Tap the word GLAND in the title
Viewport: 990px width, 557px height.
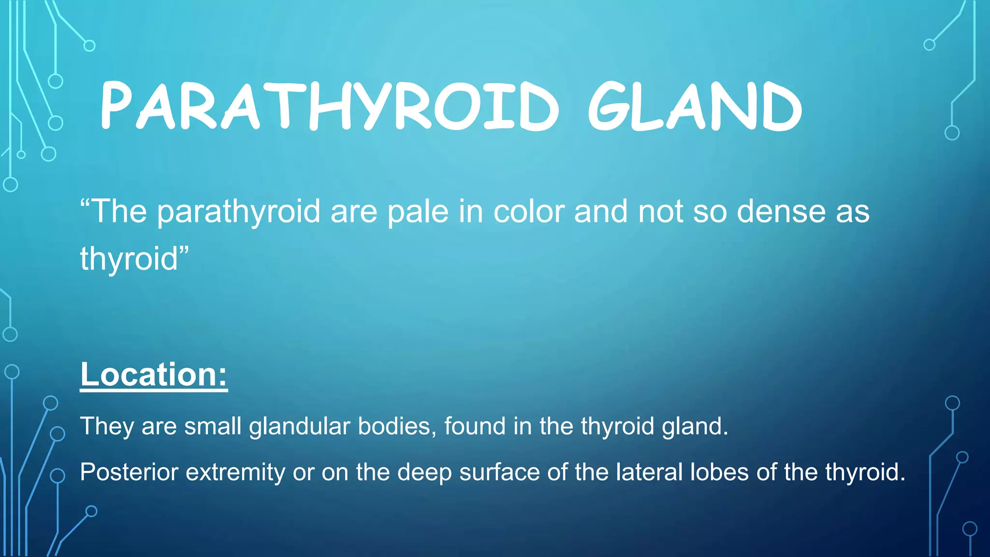click(695, 106)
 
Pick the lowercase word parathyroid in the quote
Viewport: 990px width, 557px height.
click(239, 213)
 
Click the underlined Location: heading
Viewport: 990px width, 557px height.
click(154, 375)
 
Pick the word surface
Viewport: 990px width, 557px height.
click(499, 472)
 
